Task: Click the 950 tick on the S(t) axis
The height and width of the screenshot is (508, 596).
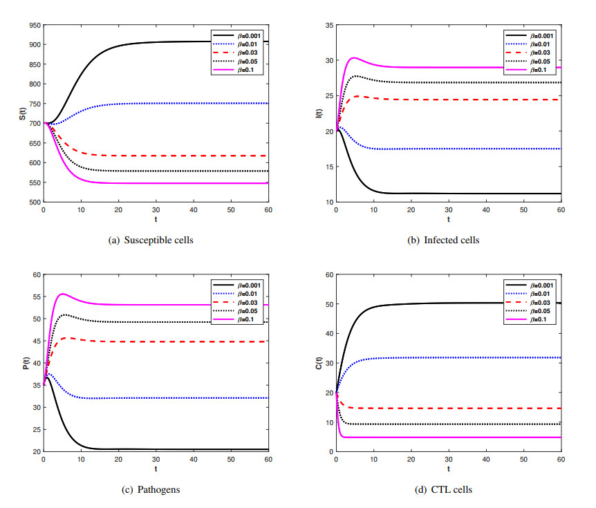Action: (x=32, y=25)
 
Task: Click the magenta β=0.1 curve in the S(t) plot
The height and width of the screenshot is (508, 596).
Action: (x=173, y=183)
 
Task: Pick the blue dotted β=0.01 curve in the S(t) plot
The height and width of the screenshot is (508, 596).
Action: (x=173, y=104)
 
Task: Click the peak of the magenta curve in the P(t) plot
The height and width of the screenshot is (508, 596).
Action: (x=63, y=294)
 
